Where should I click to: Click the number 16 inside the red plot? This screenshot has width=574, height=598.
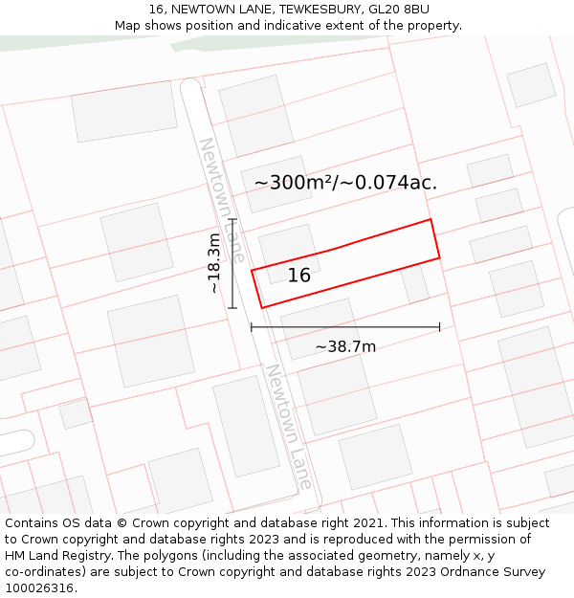click(299, 276)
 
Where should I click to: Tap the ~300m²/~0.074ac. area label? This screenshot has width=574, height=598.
click(345, 182)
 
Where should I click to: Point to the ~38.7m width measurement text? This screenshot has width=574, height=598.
click(345, 346)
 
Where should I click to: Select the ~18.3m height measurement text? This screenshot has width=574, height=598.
click(214, 262)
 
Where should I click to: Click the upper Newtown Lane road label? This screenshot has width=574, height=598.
click(222, 200)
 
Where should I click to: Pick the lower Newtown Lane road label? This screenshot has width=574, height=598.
click(289, 427)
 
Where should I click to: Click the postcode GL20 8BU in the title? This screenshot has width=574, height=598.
click(404, 10)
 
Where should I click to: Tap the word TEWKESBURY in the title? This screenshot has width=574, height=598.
click(314, 10)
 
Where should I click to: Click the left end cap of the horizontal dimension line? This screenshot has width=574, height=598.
click(252, 327)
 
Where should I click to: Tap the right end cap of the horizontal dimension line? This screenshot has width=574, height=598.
click(440, 327)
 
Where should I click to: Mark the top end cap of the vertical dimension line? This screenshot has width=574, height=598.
click(232, 219)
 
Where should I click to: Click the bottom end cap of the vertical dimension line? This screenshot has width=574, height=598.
click(232, 308)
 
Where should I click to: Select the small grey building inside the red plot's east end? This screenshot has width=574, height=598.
click(414, 283)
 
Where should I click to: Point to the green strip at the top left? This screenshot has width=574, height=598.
click(57, 43)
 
